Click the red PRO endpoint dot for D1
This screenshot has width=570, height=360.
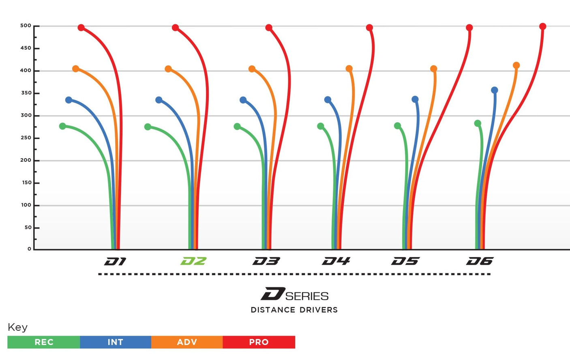point(81,28)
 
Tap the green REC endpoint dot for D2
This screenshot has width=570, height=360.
point(148,127)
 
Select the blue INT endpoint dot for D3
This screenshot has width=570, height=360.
point(243,100)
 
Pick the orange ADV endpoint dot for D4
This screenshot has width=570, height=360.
point(349,69)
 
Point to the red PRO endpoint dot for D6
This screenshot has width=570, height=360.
point(542,26)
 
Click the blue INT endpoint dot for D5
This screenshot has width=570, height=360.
point(415,99)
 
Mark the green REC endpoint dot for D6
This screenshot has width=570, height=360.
point(478,123)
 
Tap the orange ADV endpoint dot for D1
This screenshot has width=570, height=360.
point(75,69)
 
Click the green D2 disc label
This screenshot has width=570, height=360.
point(193,261)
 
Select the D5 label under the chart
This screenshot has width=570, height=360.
point(405,261)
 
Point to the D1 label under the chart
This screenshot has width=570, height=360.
point(116,261)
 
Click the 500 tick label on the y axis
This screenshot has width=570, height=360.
point(26,26)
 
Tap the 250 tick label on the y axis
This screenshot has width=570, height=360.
point(26,138)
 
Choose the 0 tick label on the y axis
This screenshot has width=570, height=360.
point(29,249)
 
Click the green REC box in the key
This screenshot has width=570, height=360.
point(44,342)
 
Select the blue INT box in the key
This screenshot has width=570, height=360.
point(116,342)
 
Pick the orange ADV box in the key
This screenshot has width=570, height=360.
point(187,342)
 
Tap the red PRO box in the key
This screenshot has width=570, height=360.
point(259,342)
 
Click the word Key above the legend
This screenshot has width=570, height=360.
point(17,327)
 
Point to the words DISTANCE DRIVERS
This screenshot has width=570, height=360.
point(294,310)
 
